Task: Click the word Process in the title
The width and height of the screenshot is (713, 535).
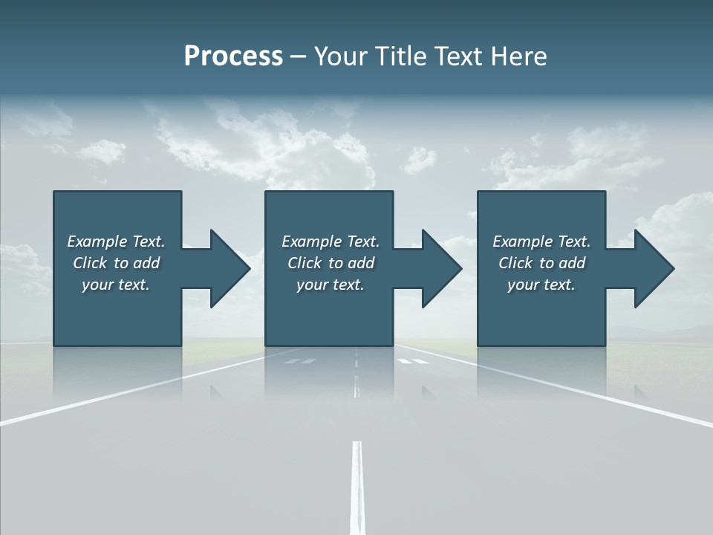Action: [x=233, y=56]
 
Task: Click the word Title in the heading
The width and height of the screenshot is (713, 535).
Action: [x=396, y=56]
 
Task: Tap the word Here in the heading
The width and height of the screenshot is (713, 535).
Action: [x=518, y=56]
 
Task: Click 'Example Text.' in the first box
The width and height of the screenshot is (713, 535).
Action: [x=116, y=241]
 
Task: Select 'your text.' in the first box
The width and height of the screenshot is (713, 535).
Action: [x=116, y=285]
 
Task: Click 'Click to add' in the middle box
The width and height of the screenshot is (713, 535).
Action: [x=331, y=263]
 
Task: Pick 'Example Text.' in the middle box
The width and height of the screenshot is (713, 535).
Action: [x=331, y=241]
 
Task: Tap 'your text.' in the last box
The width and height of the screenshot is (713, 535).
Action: [x=541, y=285]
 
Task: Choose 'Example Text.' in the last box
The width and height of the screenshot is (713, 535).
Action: [x=541, y=241]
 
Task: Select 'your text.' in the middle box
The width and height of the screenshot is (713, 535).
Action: [x=331, y=285]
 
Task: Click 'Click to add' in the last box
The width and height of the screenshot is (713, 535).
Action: [x=541, y=263]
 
